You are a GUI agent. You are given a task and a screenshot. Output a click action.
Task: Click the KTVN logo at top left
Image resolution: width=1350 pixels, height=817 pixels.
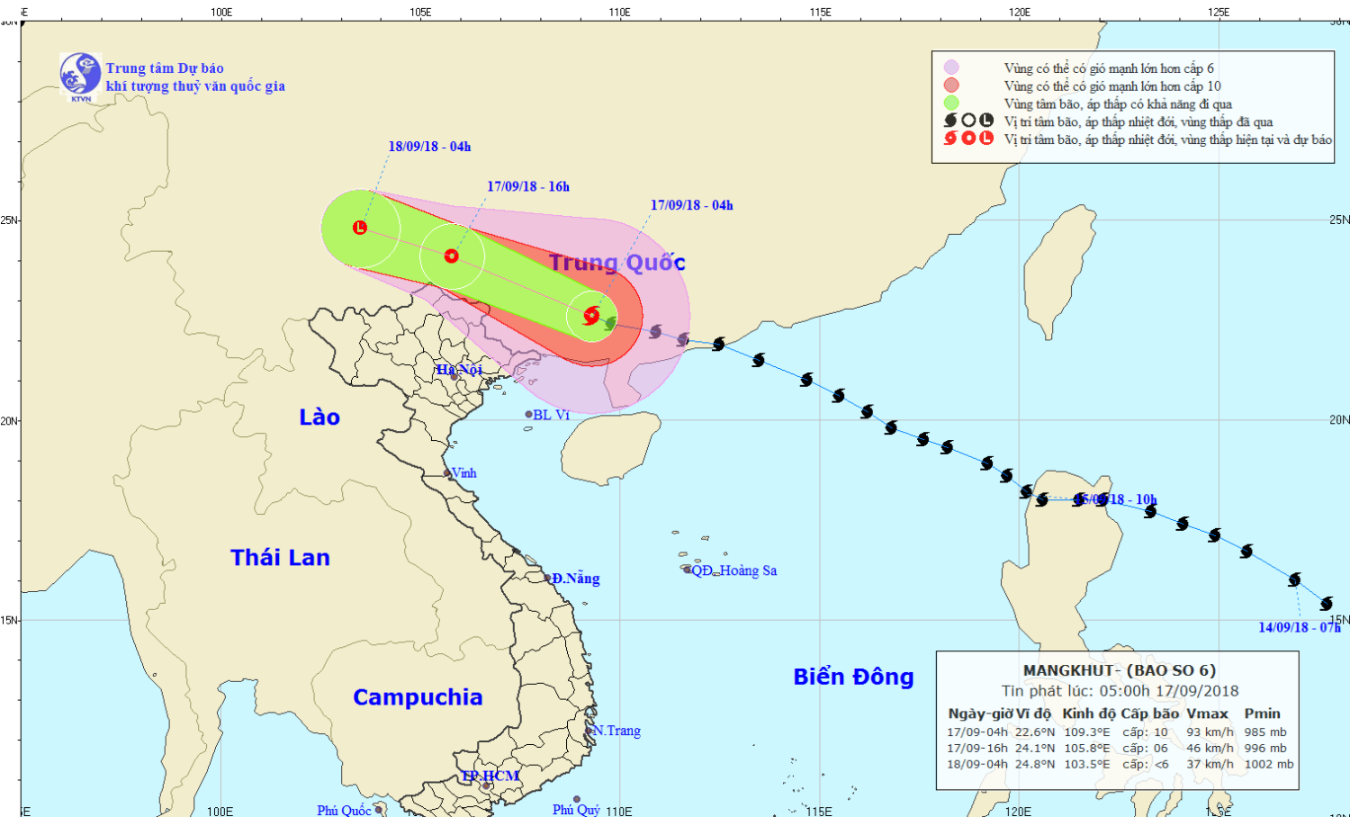(x=80, y=76)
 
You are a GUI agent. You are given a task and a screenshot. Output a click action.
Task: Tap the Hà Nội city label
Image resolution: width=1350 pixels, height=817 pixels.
(x=460, y=370)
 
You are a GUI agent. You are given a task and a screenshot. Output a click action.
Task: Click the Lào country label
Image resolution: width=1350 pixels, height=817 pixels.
(x=319, y=417)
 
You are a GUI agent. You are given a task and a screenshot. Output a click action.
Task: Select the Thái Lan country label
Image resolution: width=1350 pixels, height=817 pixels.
(x=280, y=558)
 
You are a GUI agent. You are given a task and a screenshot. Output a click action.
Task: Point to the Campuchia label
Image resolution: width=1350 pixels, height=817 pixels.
(x=418, y=697)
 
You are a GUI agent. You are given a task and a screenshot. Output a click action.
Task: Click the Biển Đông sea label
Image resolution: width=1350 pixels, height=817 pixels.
(x=853, y=677)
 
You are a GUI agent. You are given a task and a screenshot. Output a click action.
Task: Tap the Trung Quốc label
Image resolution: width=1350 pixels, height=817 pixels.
(x=617, y=263)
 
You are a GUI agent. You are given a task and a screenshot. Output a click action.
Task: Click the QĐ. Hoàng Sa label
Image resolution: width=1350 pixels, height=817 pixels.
(x=733, y=570)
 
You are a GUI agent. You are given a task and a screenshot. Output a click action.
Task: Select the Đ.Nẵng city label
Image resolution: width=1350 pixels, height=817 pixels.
(x=575, y=579)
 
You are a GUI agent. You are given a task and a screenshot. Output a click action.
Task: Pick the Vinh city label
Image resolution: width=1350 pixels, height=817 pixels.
(x=463, y=473)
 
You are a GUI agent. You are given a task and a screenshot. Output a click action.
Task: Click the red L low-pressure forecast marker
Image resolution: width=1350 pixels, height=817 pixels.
(x=360, y=228)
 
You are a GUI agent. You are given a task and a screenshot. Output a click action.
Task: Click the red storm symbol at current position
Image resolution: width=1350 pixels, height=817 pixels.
(x=591, y=316)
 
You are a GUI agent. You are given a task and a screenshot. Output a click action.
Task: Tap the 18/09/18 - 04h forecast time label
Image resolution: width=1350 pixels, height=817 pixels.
(x=429, y=147)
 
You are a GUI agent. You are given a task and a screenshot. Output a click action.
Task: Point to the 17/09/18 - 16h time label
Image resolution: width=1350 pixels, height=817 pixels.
(x=528, y=186)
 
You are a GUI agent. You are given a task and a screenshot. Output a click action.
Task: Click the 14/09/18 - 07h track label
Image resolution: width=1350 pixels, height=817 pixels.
(x=1299, y=627)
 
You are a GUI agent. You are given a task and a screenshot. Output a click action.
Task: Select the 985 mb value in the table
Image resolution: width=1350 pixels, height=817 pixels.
(x=1265, y=732)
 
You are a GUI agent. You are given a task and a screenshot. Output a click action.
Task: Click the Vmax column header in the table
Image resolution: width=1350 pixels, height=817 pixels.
(x=1207, y=714)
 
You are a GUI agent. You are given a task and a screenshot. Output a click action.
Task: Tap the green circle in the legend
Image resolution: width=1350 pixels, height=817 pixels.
(x=951, y=103)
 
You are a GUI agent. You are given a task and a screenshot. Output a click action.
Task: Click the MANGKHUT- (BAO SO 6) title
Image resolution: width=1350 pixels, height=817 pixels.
(x=1119, y=670)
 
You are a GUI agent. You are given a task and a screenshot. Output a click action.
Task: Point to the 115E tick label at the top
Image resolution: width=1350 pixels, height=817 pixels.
(x=820, y=12)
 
